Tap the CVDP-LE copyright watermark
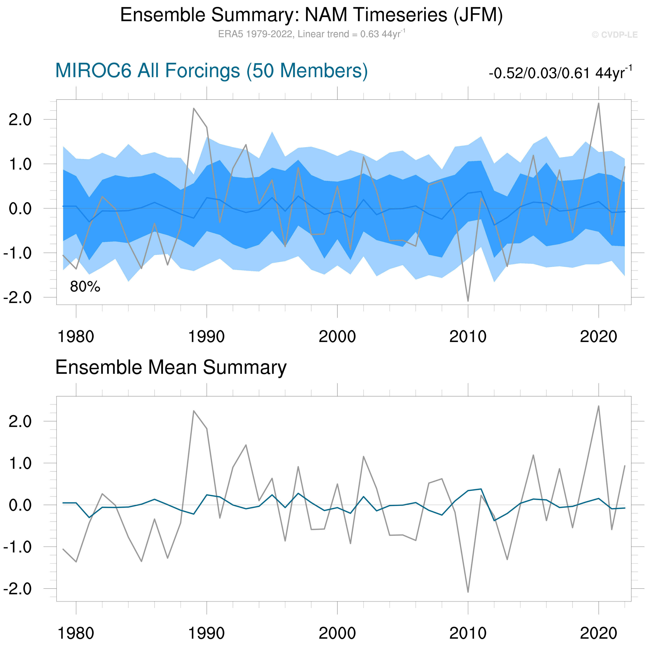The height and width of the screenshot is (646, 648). tap(614, 35)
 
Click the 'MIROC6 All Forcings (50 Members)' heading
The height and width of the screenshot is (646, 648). tap(211, 71)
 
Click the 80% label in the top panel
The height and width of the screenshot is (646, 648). tap(85, 287)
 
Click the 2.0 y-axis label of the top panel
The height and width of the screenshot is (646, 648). tap(20, 120)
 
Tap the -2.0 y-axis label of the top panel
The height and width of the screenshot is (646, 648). tap(17, 297)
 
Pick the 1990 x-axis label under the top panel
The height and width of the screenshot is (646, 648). tap(206, 337)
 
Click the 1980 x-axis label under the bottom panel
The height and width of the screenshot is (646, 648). tap(76, 633)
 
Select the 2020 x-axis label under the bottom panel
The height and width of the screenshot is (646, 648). tap(598, 633)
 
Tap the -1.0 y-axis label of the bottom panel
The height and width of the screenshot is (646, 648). tap(17, 547)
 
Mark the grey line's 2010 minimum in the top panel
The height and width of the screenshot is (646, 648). tap(468, 301)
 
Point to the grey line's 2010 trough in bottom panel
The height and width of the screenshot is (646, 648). tap(468, 592)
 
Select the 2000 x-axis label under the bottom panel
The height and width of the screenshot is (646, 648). tap(337, 633)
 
